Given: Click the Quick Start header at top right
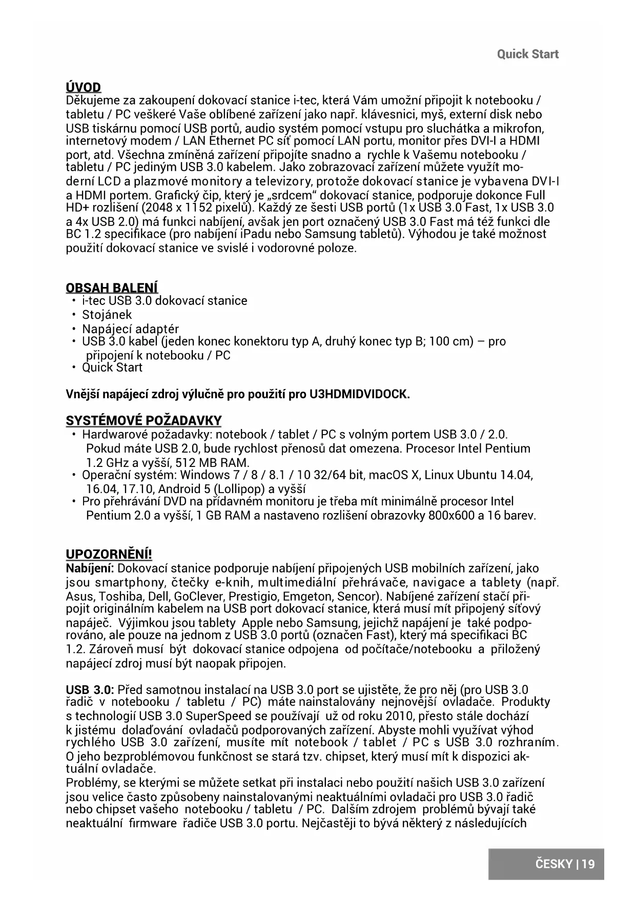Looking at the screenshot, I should [x=527, y=54].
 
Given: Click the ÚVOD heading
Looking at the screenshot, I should [x=84, y=87].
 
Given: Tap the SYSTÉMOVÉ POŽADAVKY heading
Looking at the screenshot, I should [x=143, y=421].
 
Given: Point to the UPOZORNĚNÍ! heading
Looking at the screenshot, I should [x=109, y=555].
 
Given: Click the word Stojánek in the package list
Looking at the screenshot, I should [x=107, y=315].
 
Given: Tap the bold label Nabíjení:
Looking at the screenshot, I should [x=90, y=568].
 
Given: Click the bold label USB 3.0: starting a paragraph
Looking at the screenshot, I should [x=90, y=689].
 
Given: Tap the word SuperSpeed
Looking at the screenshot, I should [x=217, y=716].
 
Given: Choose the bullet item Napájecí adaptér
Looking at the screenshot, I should [x=130, y=329].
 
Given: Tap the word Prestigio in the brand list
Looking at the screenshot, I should [x=254, y=597].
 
